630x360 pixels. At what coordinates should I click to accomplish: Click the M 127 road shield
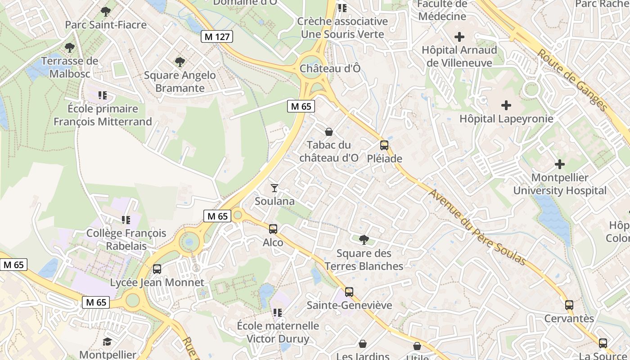point(217,37)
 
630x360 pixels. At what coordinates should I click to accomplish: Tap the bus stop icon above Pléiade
point(384,145)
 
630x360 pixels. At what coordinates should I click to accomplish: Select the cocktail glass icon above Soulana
point(274,188)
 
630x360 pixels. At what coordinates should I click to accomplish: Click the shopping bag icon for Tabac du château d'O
point(329,132)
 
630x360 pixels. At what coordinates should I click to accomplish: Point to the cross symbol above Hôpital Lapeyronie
point(506,105)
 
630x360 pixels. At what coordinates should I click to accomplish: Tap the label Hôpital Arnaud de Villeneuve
point(459,56)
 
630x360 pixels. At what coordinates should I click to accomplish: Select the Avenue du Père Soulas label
point(477,227)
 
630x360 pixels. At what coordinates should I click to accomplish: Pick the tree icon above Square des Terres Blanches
point(364,239)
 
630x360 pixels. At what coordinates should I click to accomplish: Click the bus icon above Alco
point(273,229)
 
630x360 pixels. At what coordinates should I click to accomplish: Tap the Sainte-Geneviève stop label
point(349,305)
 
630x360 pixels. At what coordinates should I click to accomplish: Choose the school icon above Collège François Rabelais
point(126,220)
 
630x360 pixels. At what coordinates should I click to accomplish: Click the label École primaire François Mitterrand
point(103,115)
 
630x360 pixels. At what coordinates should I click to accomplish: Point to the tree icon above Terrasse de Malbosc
point(70,47)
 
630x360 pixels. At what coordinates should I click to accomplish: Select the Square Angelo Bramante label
point(180,81)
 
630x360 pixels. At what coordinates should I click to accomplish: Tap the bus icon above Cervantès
point(569,305)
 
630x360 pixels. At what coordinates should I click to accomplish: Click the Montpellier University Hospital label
point(560,184)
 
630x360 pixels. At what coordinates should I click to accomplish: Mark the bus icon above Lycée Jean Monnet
point(157,269)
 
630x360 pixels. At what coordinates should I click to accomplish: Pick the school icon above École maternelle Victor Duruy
point(278,312)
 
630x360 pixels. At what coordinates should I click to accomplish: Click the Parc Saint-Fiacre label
point(106,25)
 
